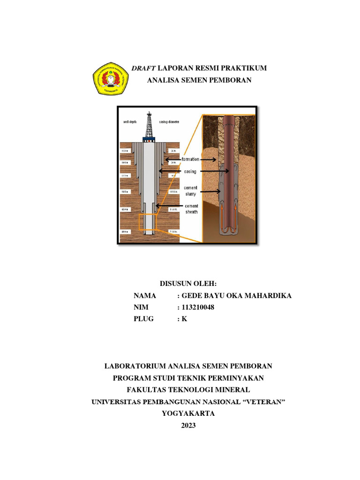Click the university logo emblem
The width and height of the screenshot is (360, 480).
(110, 79)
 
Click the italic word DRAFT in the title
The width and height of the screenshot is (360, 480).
(143, 68)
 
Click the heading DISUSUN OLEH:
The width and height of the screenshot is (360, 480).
(188, 284)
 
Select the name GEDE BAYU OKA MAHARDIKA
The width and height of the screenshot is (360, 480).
(237, 296)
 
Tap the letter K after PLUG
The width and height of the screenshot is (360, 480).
(184, 319)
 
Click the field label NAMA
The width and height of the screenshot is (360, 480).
(144, 296)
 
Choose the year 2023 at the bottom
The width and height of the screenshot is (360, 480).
(188, 426)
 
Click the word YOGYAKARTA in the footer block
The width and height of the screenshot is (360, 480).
(188, 413)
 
